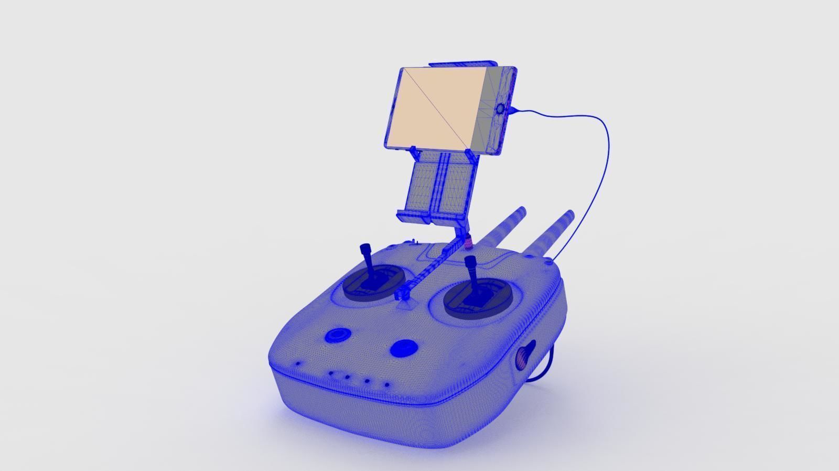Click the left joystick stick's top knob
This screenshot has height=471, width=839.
click(364, 248)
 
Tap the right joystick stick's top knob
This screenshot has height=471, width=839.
click(470, 261)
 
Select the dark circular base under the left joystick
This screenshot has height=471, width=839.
click(374, 284)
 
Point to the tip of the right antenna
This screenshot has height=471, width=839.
click(569, 215)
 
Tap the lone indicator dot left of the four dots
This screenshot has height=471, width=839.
click(298, 363)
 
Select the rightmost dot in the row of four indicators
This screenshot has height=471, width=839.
click(387, 385)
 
